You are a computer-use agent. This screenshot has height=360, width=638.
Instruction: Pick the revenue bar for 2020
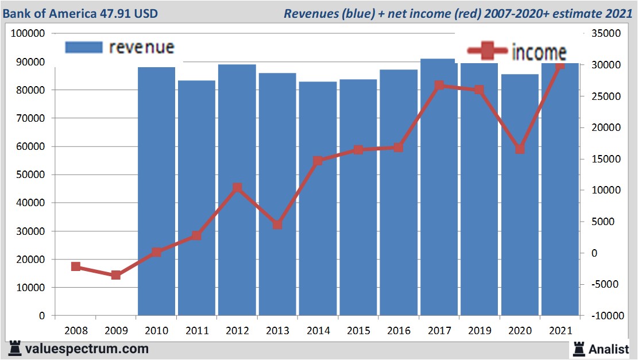click(520, 195)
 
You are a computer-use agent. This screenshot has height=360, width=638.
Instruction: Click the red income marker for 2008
click(75, 266)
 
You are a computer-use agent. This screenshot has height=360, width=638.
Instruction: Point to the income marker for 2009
click(116, 275)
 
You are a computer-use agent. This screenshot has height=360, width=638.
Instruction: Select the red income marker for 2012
click(237, 188)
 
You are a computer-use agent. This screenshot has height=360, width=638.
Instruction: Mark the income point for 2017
click(439, 86)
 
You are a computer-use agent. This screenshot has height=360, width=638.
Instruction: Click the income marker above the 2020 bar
click(520, 149)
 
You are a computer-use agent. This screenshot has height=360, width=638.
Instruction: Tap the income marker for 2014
click(318, 161)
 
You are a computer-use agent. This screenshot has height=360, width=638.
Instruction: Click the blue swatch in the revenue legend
click(84, 47)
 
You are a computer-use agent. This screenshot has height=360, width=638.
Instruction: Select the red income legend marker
click(488, 52)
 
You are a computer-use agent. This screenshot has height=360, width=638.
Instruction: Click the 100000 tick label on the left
click(28, 33)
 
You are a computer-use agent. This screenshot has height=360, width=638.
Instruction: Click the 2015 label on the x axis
click(358, 331)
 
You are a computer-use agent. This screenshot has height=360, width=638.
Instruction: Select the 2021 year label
click(560, 331)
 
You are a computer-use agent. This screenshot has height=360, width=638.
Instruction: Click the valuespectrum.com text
click(86, 349)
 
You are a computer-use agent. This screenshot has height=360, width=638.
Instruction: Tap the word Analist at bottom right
click(609, 349)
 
